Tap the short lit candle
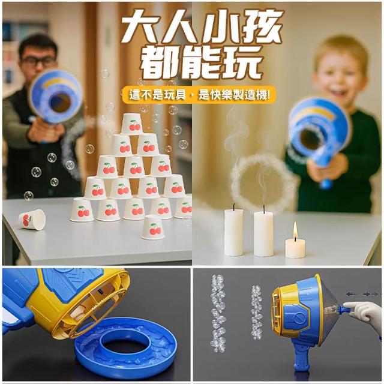(x=295, y=248)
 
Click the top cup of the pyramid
(x=132, y=124)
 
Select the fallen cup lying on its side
(x=32, y=220)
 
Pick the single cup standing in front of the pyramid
(x=153, y=227)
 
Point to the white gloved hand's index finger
(x=352, y=305)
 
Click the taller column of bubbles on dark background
(x=218, y=313)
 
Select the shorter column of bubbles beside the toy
(x=257, y=312)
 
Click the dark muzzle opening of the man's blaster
(x=60, y=103)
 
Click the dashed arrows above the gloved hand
(x=362, y=294)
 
